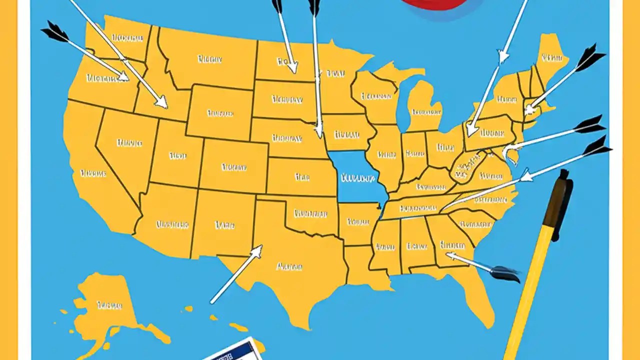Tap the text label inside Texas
click(289, 266)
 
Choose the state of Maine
click(550, 57)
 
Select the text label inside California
click(93, 173)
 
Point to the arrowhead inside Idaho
click(161, 102)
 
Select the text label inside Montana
click(209, 59)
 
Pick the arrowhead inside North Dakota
click(292, 66)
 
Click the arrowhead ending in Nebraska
click(318, 132)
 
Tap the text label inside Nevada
click(129, 143)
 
